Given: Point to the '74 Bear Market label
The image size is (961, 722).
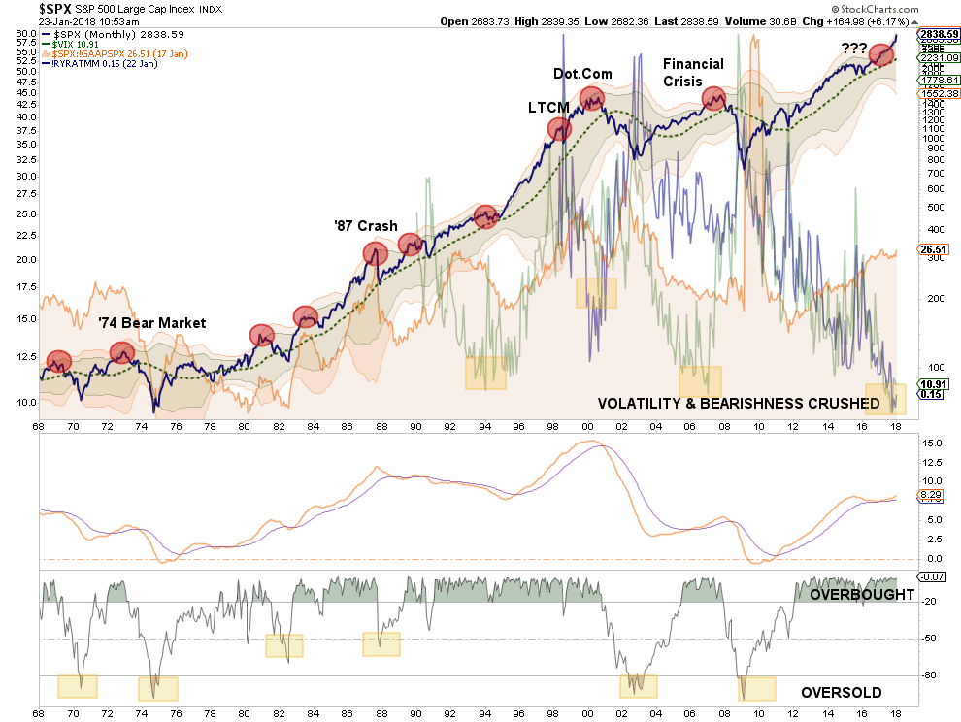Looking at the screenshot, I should click(151, 323).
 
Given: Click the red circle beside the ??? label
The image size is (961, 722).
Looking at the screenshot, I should click(882, 55).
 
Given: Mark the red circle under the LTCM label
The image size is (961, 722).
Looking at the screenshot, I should click(559, 128).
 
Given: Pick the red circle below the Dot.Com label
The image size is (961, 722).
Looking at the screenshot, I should click(592, 98).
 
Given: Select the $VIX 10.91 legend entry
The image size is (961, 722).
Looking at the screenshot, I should click(76, 45).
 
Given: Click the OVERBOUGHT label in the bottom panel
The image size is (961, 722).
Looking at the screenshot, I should click(860, 594).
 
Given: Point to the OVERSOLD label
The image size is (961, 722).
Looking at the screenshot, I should click(841, 693).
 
